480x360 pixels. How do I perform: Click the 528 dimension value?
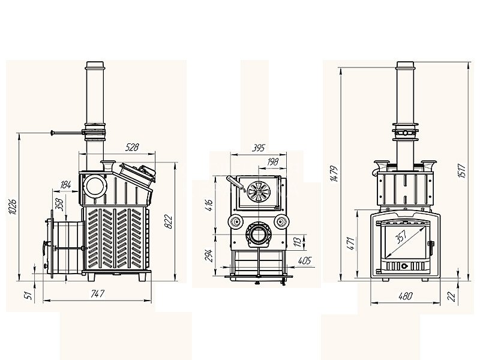[x=132, y=147]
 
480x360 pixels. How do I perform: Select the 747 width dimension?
[x=98, y=294]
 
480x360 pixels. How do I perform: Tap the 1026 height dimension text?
[x=12, y=206]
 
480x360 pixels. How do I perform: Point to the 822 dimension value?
[x=168, y=222]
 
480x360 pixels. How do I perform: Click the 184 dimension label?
[x=65, y=185]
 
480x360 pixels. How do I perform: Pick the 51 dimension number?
[x=28, y=295]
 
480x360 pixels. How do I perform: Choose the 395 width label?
[x=259, y=148]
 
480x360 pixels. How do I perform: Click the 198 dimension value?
[x=272, y=161]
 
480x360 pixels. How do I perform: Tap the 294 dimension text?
[x=208, y=256]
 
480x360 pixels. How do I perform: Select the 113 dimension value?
[x=296, y=242]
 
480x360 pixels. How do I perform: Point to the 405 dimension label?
[x=304, y=260]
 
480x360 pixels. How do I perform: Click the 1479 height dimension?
[x=334, y=174]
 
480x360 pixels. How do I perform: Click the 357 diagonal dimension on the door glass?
[x=401, y=236]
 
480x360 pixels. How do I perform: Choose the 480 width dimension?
[x=406, y=296]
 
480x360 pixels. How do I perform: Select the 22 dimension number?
[x=452, y=296]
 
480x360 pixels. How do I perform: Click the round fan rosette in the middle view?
[x=259, y=191]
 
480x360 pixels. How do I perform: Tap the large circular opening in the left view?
[x=95, y=186]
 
